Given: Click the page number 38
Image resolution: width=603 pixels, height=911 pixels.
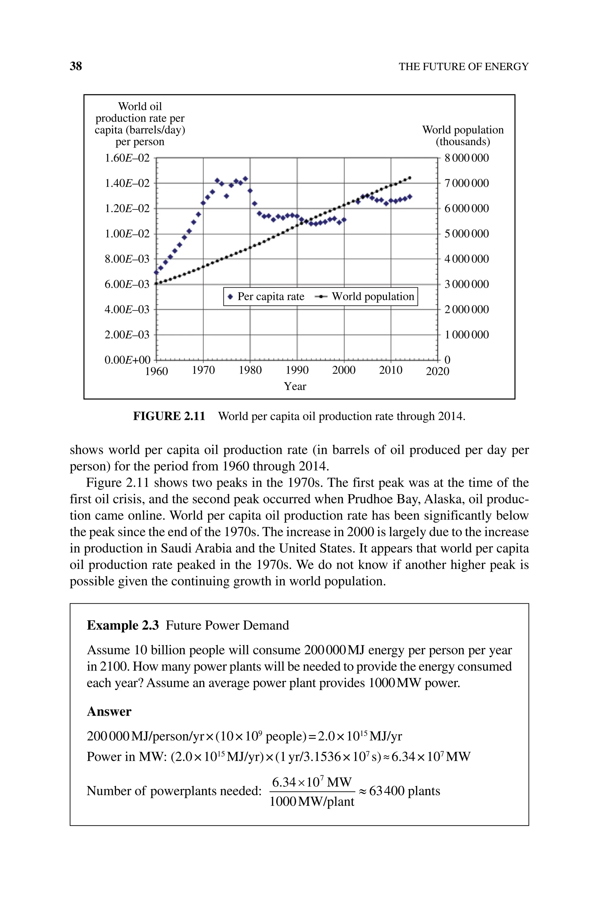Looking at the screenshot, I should coord(76,66).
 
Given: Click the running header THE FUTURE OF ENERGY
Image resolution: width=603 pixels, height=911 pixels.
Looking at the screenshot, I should coord(463,67).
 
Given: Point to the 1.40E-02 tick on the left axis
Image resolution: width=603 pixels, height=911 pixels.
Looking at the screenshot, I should coord(127,183).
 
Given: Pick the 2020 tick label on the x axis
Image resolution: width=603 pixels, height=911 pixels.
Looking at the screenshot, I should coord(438,371).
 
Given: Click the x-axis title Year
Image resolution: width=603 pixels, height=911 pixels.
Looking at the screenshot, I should coord(295,386).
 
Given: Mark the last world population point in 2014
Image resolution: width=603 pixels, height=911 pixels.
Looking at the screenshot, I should coord(410,178).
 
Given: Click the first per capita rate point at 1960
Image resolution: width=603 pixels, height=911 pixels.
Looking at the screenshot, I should coord(156,272).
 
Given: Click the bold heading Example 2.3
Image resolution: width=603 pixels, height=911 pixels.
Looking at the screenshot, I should coord(123,626).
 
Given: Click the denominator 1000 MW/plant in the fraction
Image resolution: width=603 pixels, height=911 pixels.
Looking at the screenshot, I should coord(312,802).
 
